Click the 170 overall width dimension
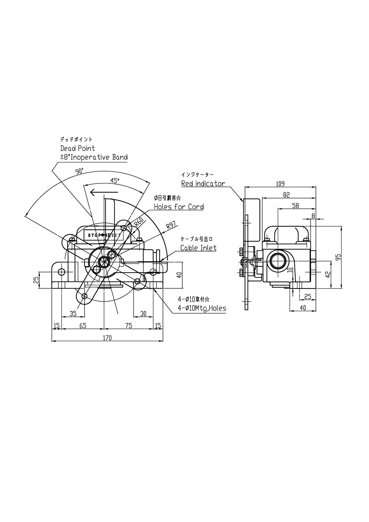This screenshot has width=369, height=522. click(107, 338)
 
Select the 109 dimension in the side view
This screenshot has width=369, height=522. click(280, 184)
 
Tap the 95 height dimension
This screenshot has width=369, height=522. click(339, 257)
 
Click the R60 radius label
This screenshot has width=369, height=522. click(140, 223)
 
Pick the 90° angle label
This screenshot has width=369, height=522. click(79, 171)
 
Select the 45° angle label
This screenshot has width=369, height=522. click(115, 180)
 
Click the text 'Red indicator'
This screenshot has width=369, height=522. click(203, 184)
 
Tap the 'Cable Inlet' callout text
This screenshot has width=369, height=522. click(198, 248)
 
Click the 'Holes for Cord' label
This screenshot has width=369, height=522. click(179, 207)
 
